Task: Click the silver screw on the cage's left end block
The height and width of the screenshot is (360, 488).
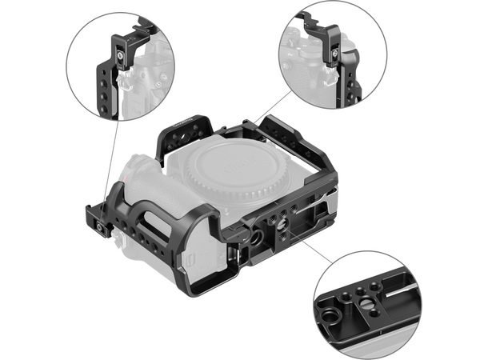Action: tap(93, 225)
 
